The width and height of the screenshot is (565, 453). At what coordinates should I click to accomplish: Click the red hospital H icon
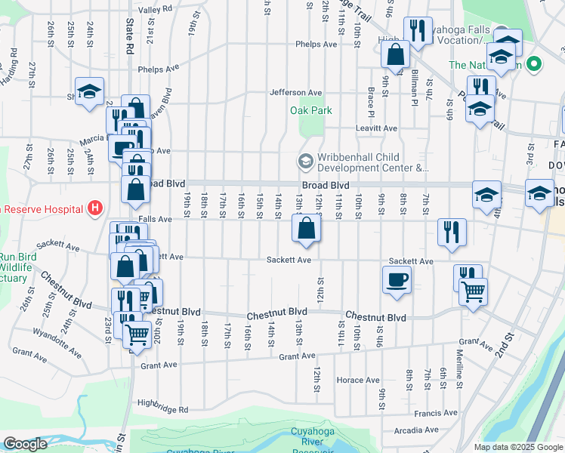[95, 207]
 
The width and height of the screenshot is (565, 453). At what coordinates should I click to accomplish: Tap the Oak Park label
[311, 110]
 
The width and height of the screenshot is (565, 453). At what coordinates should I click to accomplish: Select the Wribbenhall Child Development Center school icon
[305, 160]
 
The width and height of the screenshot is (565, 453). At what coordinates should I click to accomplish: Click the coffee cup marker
[397, 281]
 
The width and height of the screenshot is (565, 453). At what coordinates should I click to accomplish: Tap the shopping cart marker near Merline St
[474, 291]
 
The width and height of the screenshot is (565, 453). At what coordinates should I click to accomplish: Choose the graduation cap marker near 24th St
[90, 92]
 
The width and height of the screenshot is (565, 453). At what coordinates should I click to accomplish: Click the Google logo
[25, 444]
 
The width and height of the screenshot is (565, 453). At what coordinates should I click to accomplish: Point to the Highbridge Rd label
[162, 410]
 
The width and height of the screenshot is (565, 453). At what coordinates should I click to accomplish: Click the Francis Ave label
[434, 414]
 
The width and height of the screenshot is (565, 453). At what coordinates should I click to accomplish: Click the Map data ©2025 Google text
[518, 447]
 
